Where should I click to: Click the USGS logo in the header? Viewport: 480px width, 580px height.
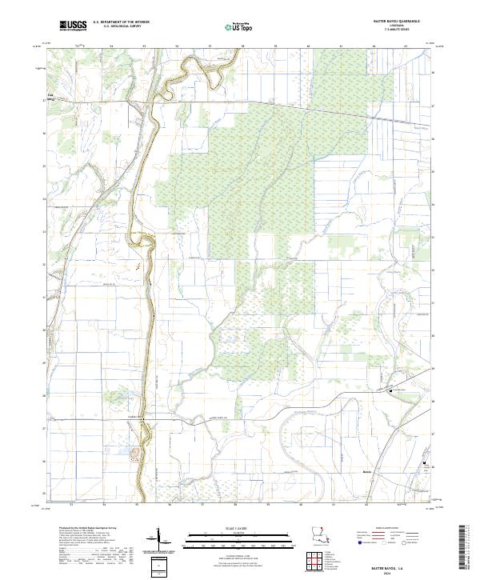(x=73, y=26)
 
